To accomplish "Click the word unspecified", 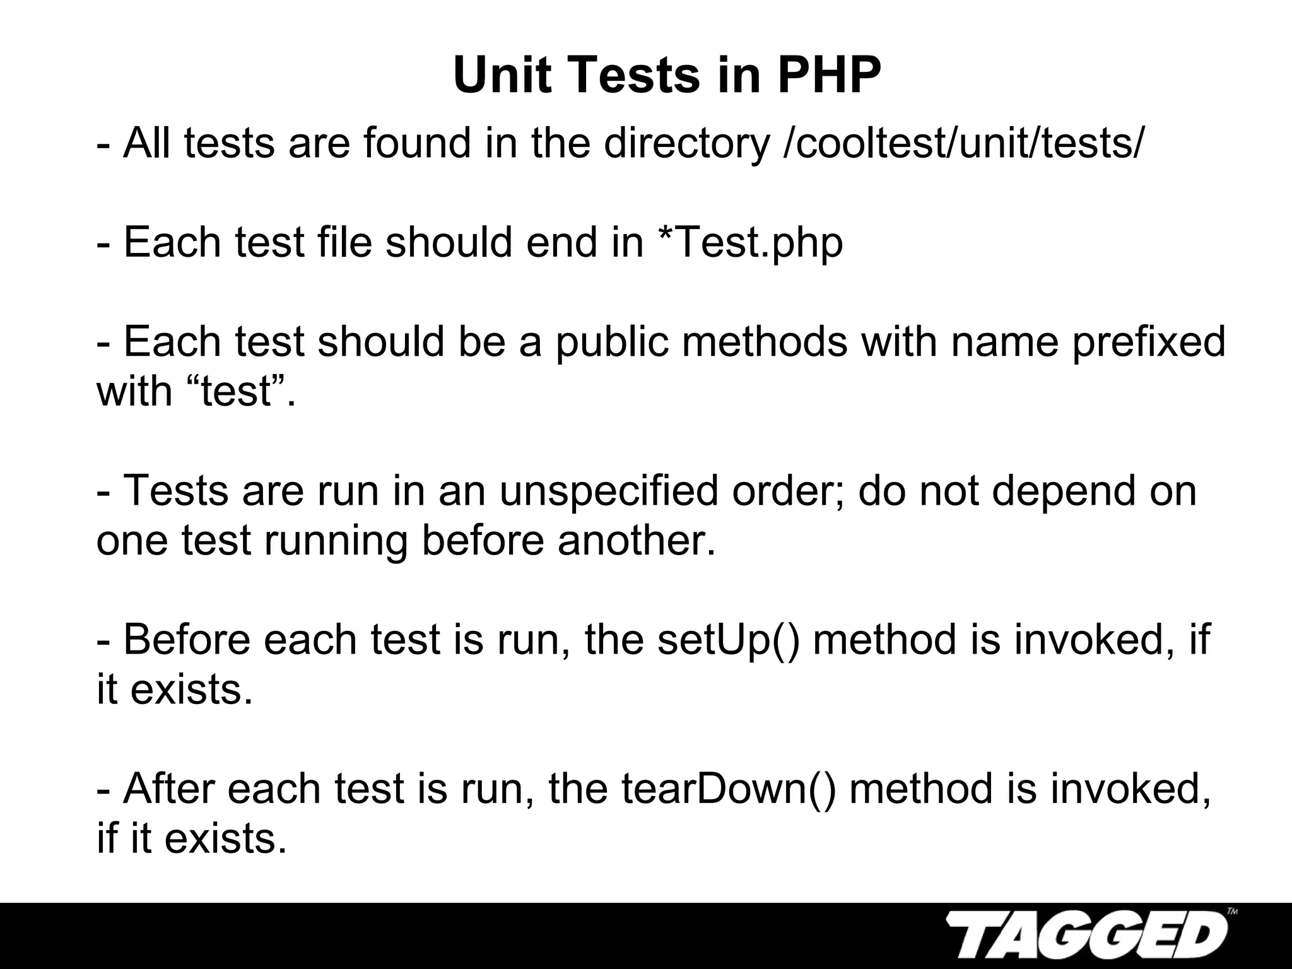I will point(609,491).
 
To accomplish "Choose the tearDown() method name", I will point(729,789).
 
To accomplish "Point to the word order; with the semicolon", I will point(788,491).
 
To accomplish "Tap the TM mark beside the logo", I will point(1232,911).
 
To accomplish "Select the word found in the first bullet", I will point(417,143).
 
